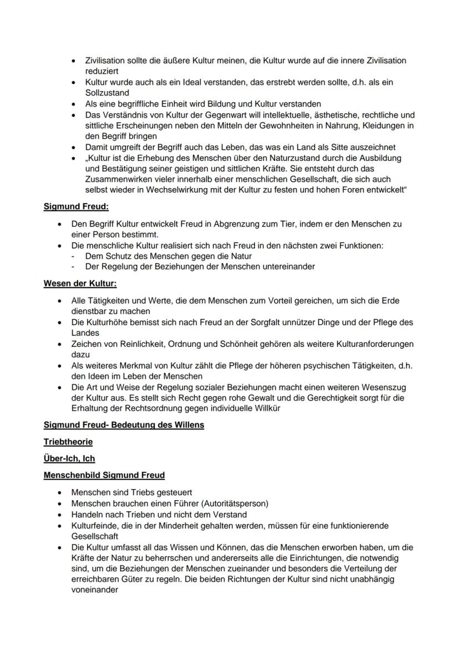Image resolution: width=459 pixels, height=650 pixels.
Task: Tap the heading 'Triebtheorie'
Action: click(68, 442)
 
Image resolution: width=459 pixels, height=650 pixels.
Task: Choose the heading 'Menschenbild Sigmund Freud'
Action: click(104, 475)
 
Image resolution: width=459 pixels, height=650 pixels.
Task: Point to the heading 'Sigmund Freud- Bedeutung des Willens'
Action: click(124, 426)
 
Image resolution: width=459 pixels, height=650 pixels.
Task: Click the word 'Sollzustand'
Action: click(107, 93)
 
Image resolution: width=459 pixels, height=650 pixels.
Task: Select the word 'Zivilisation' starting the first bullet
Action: click(105, 61)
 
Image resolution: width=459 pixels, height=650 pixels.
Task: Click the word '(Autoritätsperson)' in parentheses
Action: click(234, 503)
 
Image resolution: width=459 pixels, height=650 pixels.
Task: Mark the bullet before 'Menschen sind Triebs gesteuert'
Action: click(59, 492)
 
